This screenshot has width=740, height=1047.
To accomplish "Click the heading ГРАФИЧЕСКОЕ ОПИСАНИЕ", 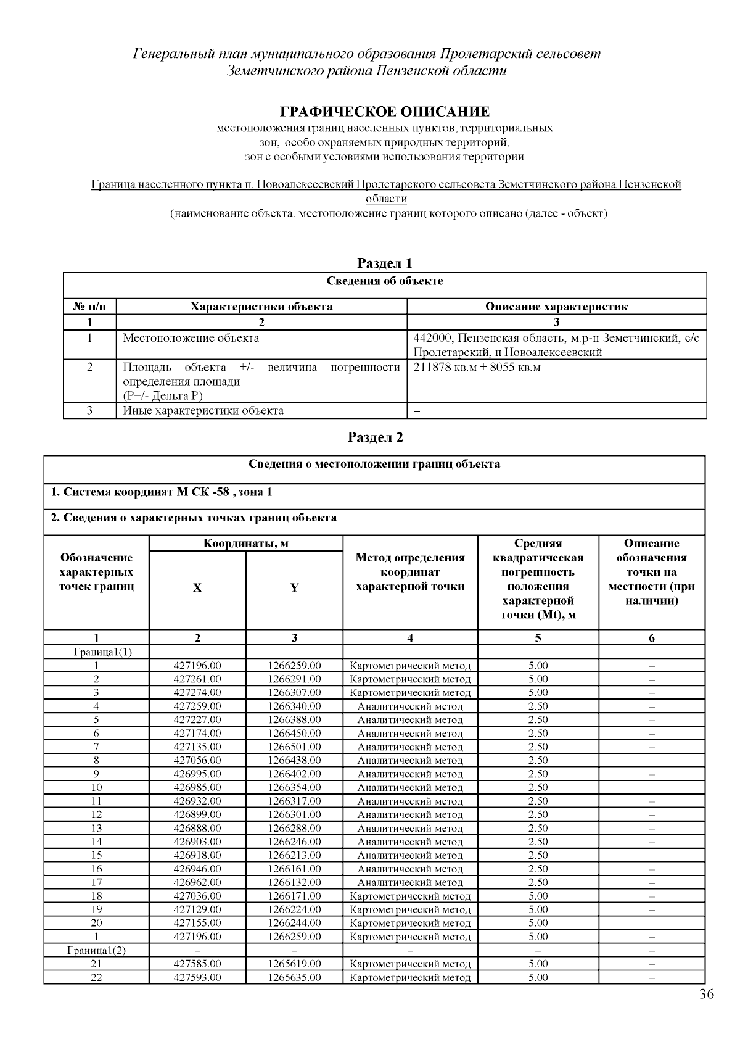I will click(385, 112).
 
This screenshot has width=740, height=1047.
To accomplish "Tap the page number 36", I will click(707, 994).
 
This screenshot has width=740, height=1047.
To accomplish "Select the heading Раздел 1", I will click(385, 263).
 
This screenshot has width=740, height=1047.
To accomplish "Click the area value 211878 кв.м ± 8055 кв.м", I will click(477, 368).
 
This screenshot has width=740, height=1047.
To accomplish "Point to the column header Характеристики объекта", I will click(261, 307).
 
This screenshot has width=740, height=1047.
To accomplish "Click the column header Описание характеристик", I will click(556, 307).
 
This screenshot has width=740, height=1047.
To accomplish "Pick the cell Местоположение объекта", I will click(191, 338).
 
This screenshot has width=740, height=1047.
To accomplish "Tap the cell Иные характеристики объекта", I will click(203, 410).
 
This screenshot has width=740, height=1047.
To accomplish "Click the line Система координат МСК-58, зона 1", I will click(161, 492).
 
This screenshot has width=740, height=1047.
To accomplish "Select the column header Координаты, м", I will click(245, 544).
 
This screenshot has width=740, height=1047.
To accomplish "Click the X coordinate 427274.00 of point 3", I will click(197, 692).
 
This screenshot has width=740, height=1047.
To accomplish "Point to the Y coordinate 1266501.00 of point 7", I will click(294, 747).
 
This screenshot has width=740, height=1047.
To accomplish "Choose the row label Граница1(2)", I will click(96, 950).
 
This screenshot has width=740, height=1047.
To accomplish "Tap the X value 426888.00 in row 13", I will click(197, 828).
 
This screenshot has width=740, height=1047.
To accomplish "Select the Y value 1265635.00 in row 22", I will click(294, 977).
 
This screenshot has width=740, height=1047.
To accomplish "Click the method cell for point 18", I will click(410, 896).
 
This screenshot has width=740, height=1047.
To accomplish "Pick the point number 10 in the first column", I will click(96, 787).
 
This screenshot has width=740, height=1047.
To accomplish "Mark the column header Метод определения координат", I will click(410, 572).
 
